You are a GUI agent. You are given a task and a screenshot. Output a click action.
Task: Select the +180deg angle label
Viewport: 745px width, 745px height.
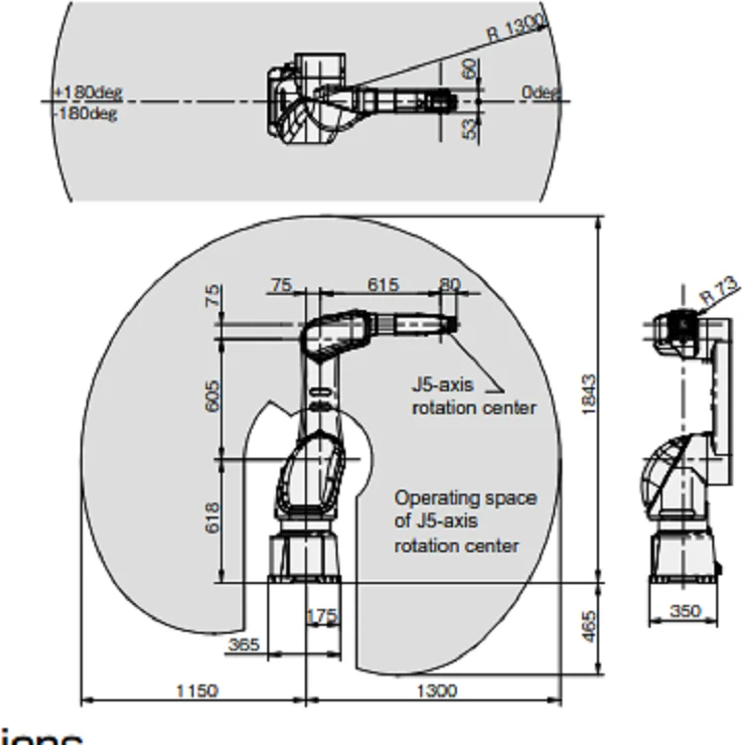88,92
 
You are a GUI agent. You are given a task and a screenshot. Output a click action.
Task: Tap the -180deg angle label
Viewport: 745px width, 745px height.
85,113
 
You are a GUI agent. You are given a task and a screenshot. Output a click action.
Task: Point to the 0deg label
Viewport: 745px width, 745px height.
541,92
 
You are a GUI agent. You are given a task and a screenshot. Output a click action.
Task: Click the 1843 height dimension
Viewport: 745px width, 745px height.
588,395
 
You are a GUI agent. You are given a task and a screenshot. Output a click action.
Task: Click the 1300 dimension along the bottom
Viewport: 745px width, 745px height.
437,690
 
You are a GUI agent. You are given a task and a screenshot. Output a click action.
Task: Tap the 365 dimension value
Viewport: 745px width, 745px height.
243,645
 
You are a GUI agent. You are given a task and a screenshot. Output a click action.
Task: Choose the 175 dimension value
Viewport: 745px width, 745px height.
322,617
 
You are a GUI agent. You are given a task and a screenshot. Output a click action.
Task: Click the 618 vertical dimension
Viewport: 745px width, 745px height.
213,519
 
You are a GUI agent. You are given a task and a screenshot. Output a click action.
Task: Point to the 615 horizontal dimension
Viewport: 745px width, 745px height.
382,285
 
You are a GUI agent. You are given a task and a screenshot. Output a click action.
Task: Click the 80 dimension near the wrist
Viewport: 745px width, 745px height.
450,285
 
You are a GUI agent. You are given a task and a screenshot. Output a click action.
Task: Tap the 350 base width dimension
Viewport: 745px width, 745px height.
684,611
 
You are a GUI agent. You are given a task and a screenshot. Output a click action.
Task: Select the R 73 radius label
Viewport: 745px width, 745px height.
719,292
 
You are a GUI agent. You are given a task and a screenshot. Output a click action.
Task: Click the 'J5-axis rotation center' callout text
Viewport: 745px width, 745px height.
474,394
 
